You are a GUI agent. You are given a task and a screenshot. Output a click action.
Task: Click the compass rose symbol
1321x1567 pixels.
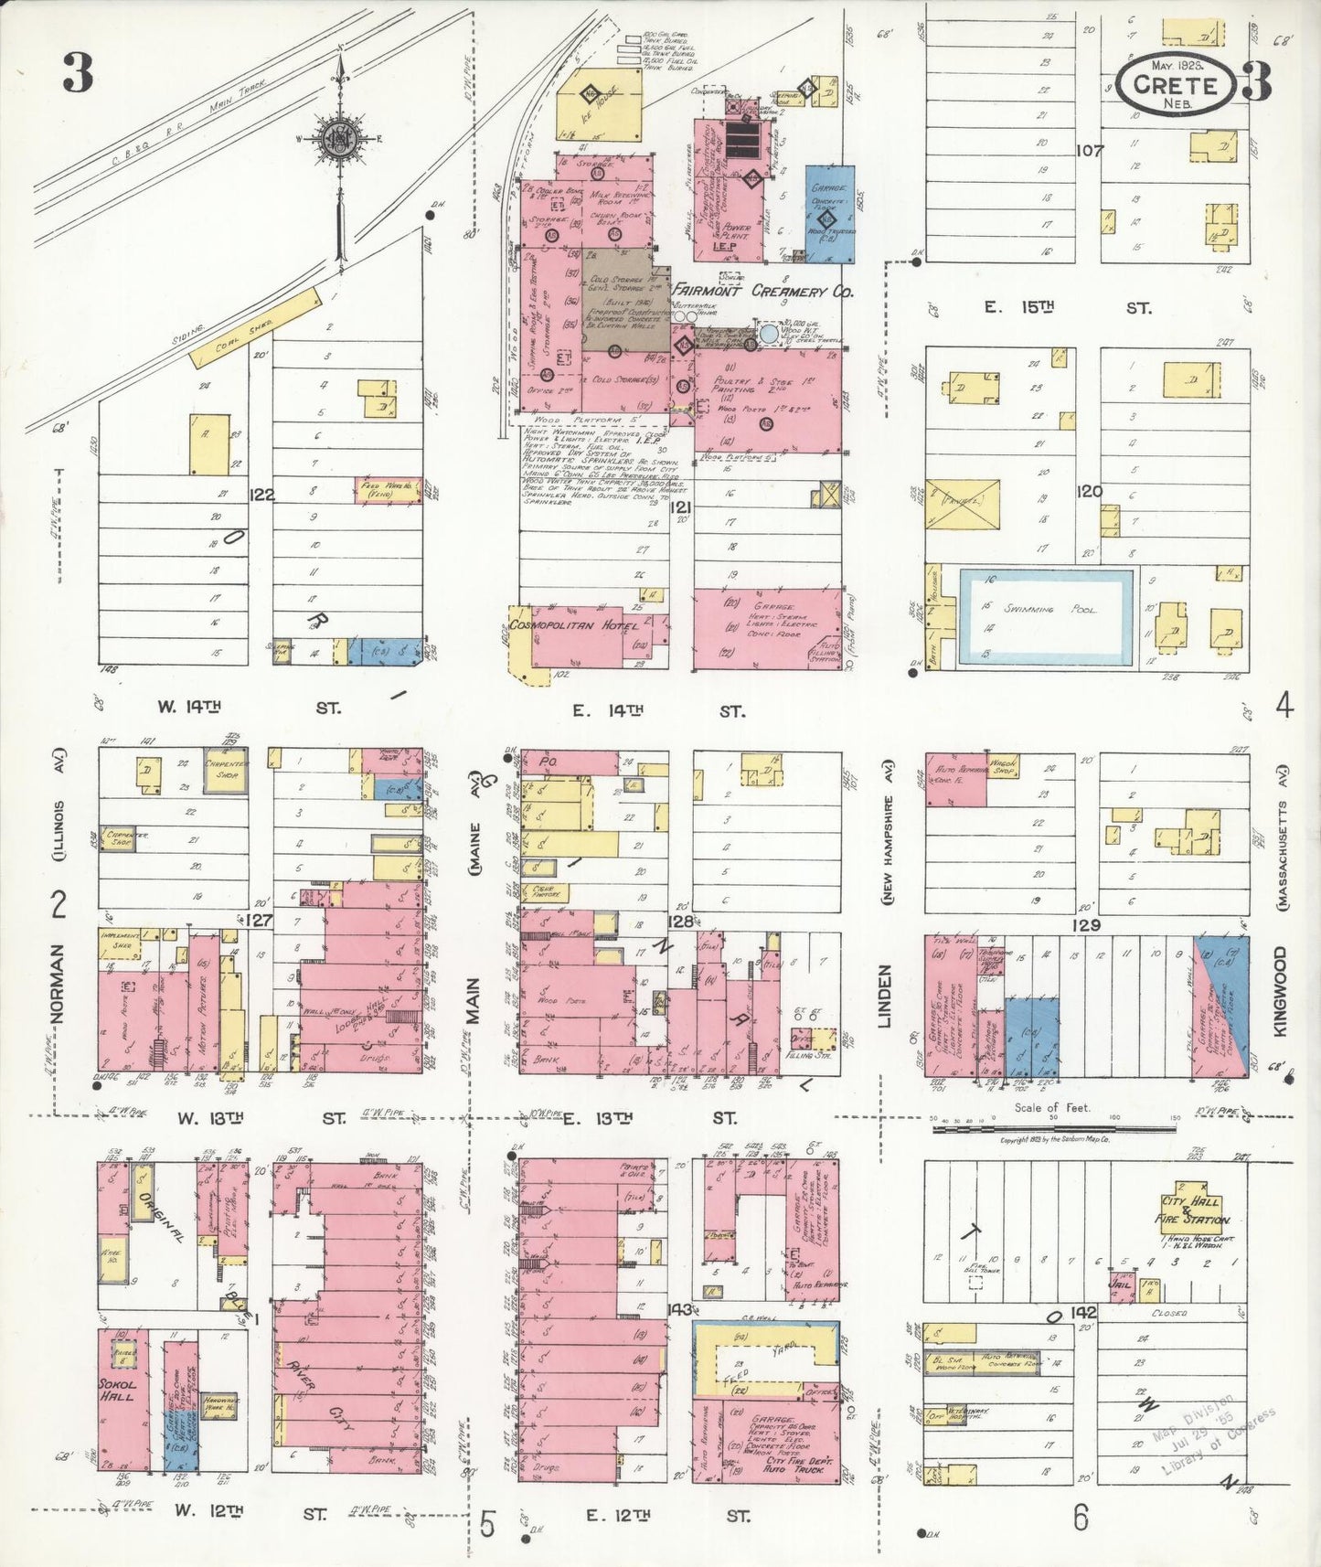(339, 141)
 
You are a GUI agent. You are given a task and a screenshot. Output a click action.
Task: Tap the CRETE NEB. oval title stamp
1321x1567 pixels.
(1175, 84)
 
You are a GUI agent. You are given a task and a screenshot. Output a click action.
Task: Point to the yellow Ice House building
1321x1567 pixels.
(598, 103)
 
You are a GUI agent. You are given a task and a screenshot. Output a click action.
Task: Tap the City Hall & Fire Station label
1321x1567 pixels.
(1194, 1210)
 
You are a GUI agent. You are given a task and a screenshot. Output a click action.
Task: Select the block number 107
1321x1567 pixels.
(1089, 150)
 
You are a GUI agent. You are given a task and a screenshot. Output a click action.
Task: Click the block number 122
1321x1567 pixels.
(261, 495)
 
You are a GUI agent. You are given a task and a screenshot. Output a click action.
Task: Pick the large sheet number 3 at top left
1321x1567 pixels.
(79, 73)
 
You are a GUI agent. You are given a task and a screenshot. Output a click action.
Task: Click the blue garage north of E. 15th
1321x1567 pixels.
(829, 214)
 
